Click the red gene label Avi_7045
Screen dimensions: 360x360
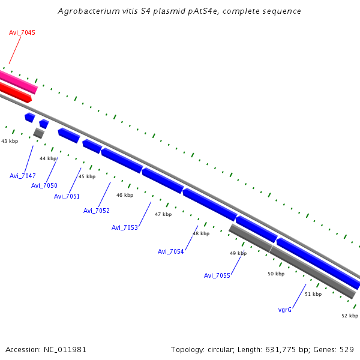click(22, 32)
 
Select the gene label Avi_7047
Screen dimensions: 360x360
click(23, 176)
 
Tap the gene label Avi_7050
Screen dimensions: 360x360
click(44, 185)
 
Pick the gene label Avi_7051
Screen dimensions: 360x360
click(67, 196)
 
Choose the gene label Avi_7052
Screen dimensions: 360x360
click(96, 211)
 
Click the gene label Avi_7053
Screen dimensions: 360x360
click(125, 227)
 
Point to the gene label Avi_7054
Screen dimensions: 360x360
click(170, 251)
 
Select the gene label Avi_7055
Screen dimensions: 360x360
click(217, 275)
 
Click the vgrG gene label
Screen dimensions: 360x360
click(285, 310)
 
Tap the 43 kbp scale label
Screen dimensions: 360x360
click(10, 141)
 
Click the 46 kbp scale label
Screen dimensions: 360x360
click(125, 195)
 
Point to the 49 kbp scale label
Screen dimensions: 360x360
click(238, 253)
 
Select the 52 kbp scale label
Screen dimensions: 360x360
click(350, 316)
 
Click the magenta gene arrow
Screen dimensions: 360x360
click(18, 82)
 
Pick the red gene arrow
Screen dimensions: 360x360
click(14, 92)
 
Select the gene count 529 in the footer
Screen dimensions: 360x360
click(347, 349)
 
